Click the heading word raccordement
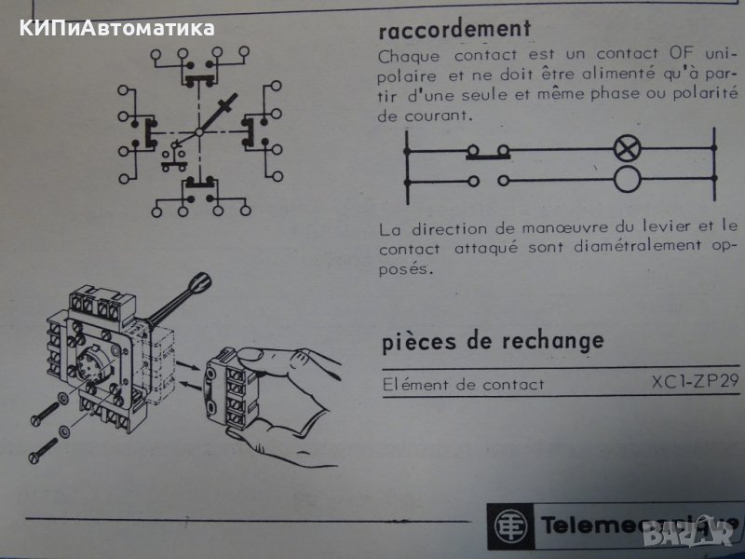point(455,28)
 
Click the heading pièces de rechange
point(493,340)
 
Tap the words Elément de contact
point(463,384)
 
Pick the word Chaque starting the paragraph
point(407,55)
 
